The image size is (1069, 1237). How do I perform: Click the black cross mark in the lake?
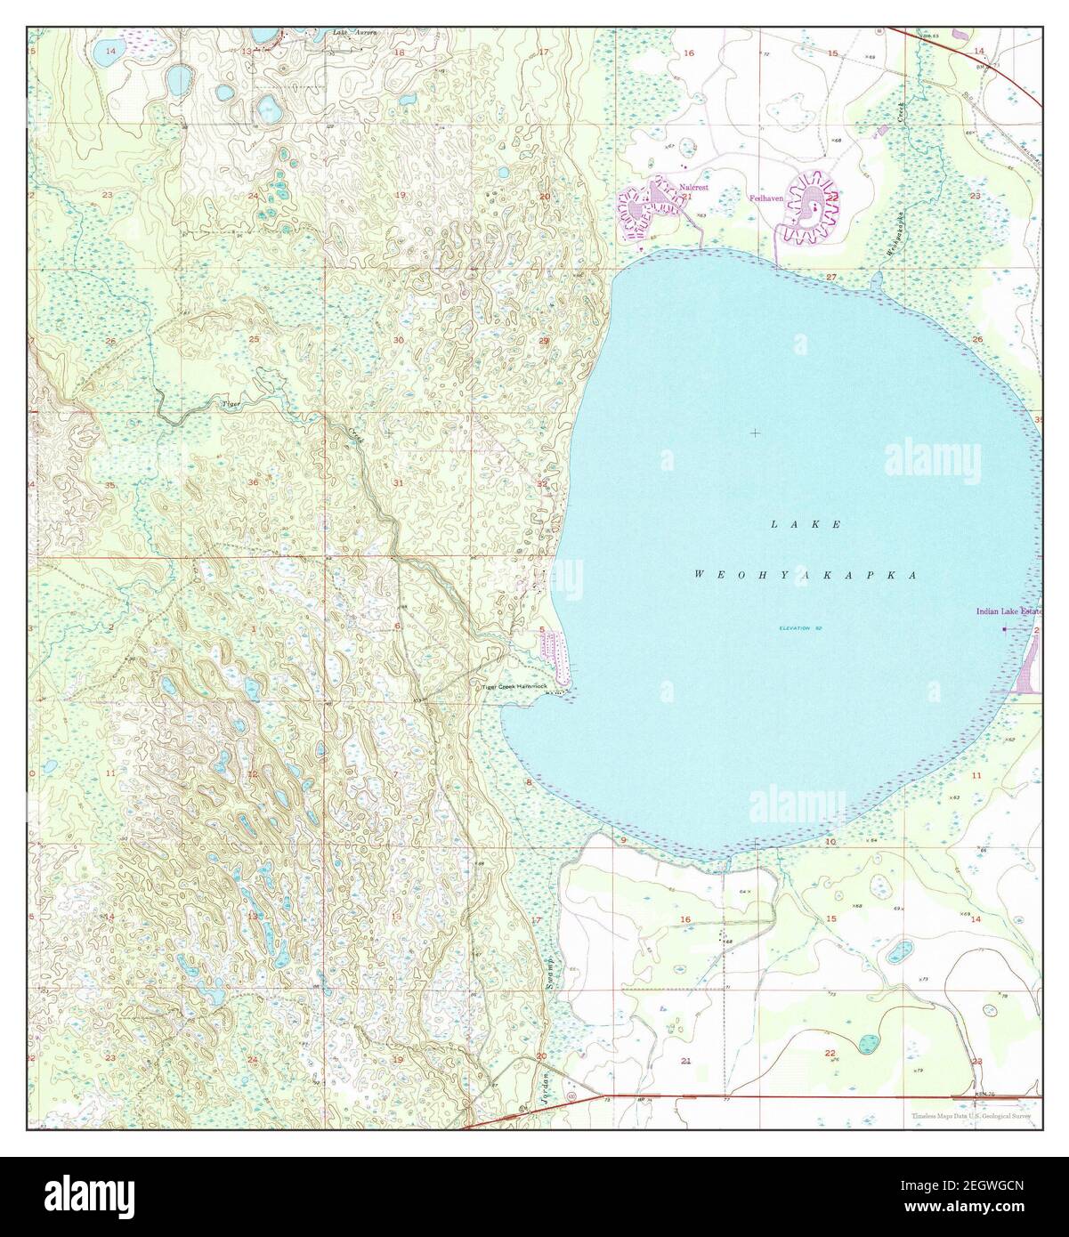pos(755,433)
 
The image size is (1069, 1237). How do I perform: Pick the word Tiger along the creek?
pos(231,404)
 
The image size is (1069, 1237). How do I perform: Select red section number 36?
pos(254,482)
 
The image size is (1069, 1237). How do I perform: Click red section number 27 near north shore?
pos(831,279)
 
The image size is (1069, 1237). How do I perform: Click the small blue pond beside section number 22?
pos(866,1041)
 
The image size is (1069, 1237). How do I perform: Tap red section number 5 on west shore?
pos(541,629)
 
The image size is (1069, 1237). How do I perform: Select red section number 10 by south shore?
pos(830,841)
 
